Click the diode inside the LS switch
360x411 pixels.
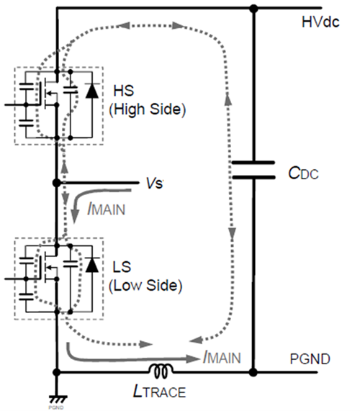click(x=91, y=264)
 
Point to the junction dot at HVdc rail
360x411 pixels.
click(x=253, y=9)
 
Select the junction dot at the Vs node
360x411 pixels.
click(x=55, y=182)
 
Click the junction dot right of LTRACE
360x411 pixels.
click(x=253, y=372)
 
